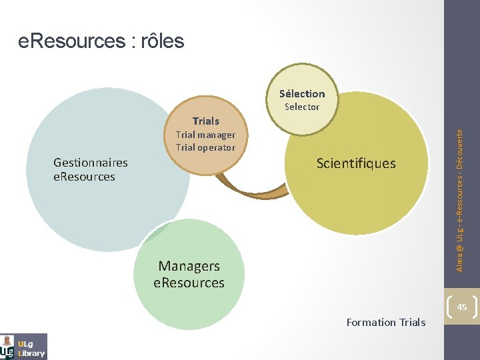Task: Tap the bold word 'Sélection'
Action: click(302, 94)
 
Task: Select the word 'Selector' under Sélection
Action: click(302, 107)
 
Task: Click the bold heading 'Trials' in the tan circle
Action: click(205, 121)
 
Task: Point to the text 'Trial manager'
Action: click(205, 135)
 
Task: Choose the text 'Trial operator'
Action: click(205, 147)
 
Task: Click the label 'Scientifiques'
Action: click(356, 163)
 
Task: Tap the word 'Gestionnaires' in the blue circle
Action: click(91, 162)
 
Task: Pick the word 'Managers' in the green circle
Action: click(189, 266)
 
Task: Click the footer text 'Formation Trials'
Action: click(386, 322)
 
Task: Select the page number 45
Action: click(462, 306)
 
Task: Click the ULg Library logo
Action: click(24, 346)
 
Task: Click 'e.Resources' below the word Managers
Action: click(189, 283)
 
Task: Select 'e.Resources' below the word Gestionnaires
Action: click(84, 177)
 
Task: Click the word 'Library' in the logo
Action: click(32, 353)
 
